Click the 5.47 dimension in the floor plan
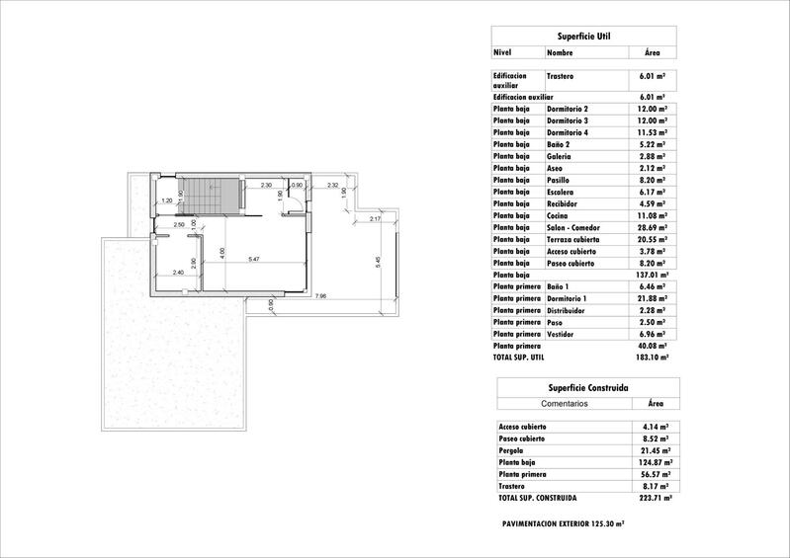tap(254, 259)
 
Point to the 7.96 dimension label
tap(320, 296)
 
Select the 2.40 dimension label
tap(178, 273)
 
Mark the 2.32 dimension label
tap(333, 185)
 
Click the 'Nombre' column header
tap(560, 52)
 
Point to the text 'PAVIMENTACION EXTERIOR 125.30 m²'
tap(563, 523)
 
